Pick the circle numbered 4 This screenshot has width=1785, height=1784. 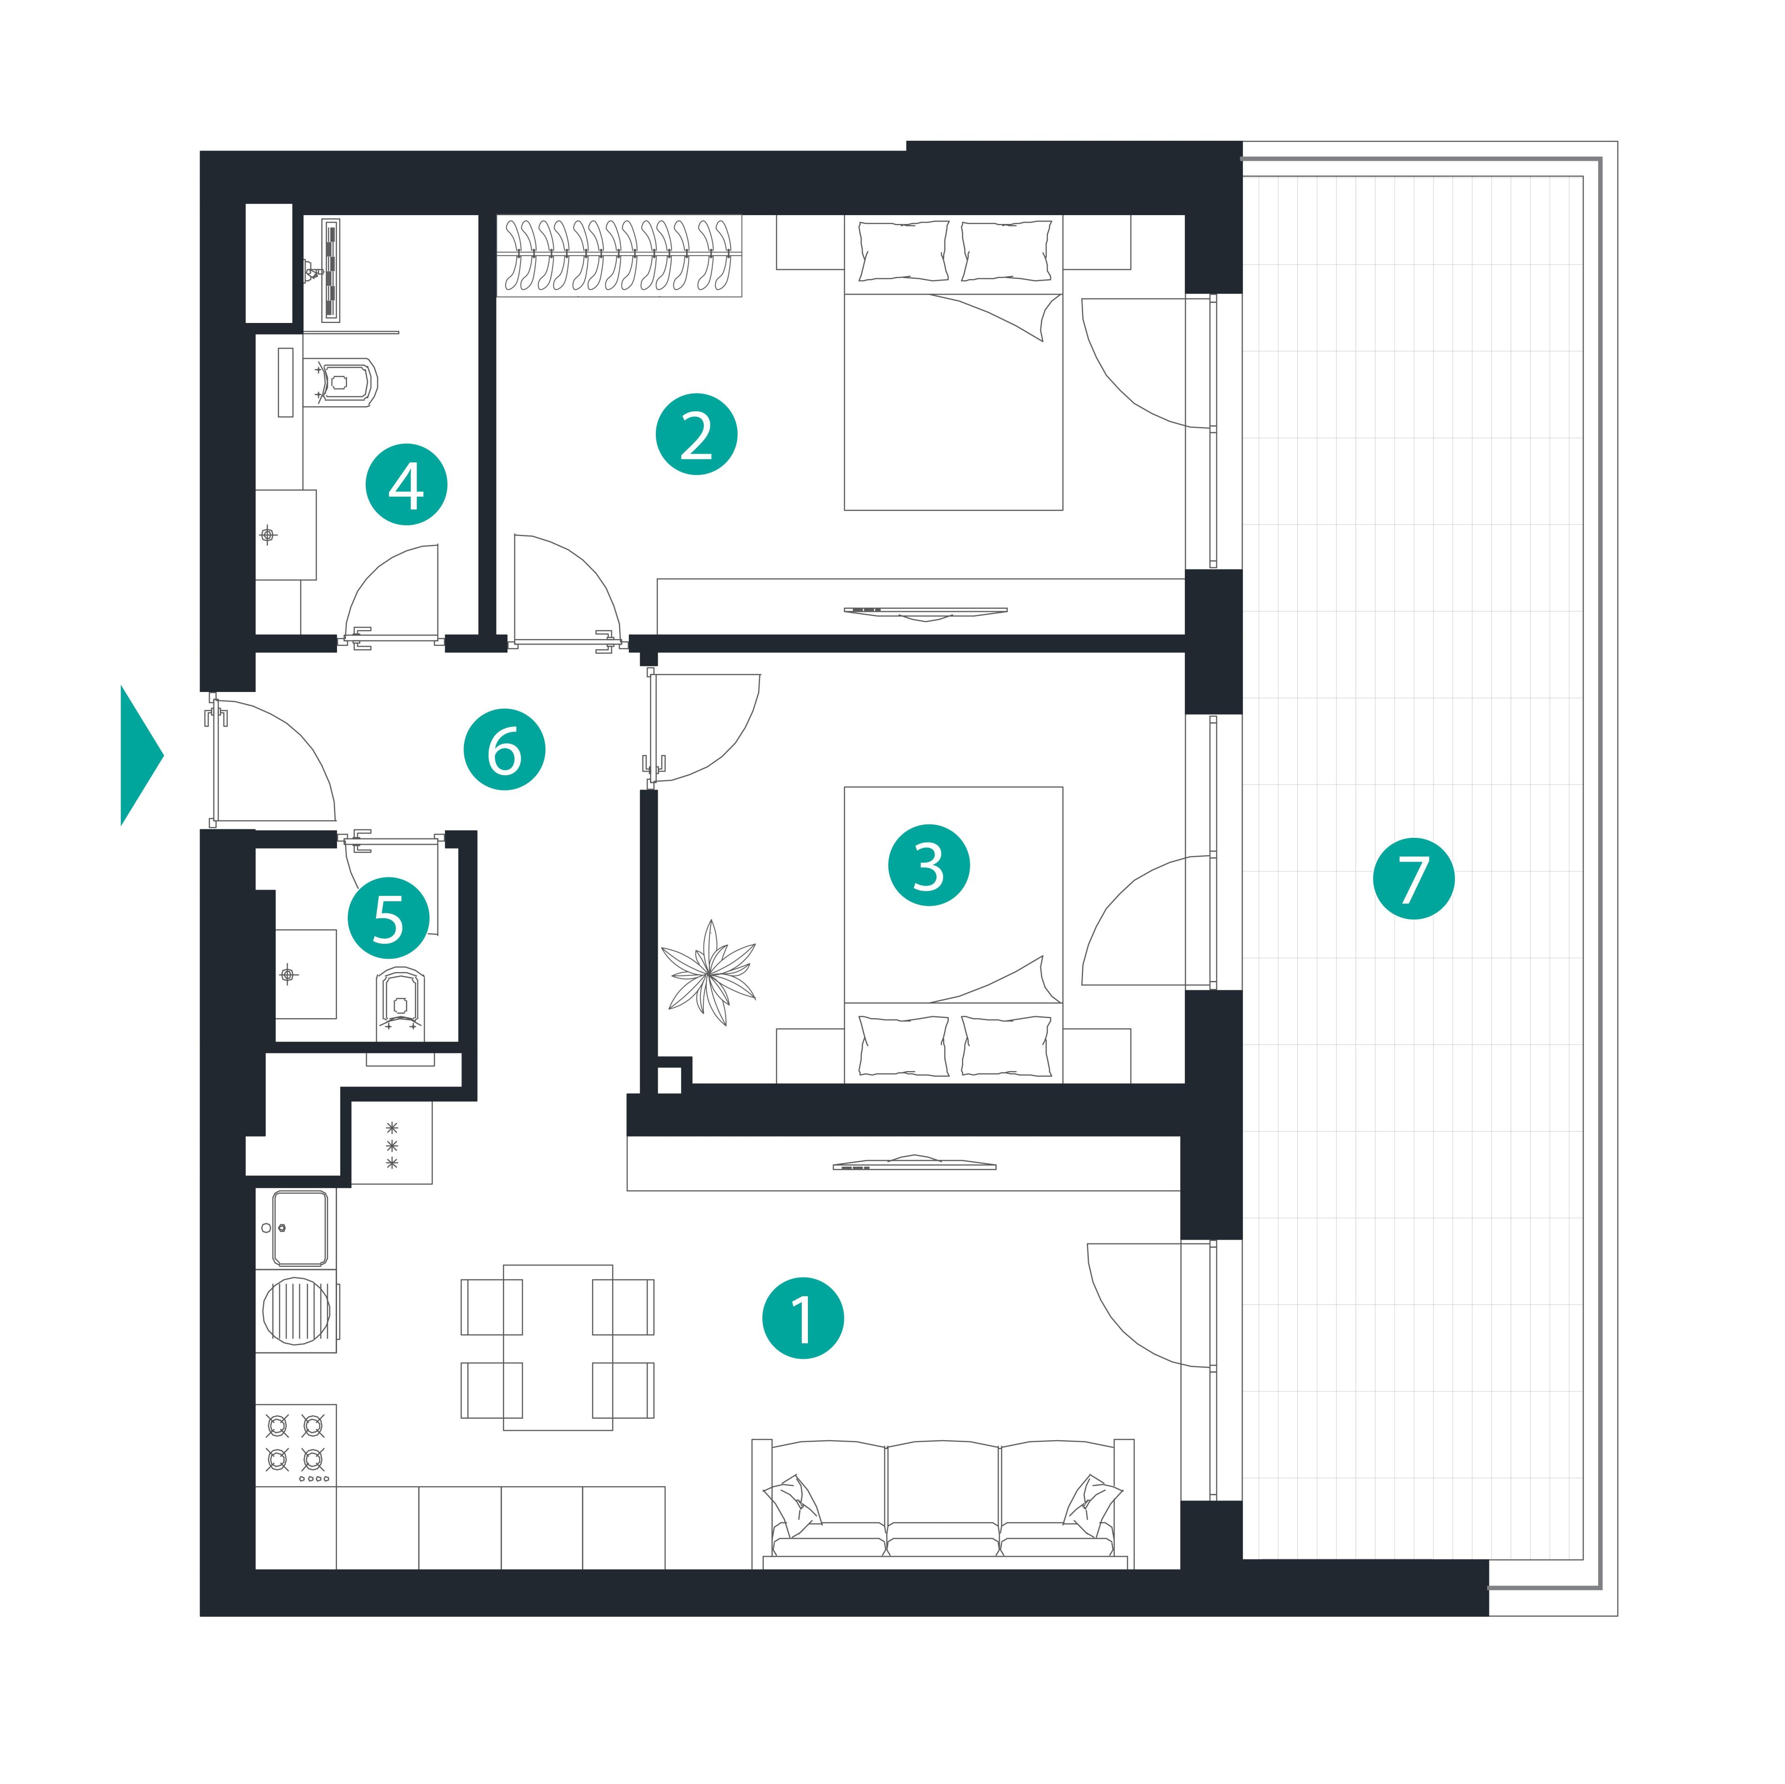(407, 485)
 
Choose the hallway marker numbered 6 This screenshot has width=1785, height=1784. (504, 749)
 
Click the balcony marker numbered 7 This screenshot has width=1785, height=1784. (1414, 879)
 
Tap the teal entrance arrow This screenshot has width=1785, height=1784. (141, 755)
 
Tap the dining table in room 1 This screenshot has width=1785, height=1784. (558, 1348)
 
